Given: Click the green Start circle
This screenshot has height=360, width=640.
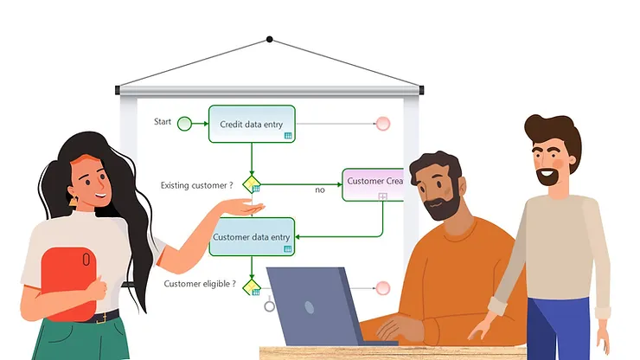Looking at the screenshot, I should coord(184,124).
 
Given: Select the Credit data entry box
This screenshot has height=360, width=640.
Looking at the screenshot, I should coord(252,124).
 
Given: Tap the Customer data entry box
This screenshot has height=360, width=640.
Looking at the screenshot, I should coord(252,236).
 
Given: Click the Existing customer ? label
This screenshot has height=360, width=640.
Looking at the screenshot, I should coord(196,185).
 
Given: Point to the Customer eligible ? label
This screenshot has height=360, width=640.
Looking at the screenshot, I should coord(199,283).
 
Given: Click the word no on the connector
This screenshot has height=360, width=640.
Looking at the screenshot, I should coord(319,189).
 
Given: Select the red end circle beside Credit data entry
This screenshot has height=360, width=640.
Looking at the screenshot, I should coord(382,124).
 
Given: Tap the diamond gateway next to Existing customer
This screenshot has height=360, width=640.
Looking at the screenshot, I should coord(252,184).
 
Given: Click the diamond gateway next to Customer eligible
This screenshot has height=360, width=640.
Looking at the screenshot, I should coord(252,286).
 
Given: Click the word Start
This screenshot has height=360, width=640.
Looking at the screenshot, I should coord(163,122).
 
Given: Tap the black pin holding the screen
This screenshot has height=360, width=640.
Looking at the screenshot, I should coord(270,39).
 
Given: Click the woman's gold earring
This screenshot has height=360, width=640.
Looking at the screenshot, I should coord(74,201).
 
